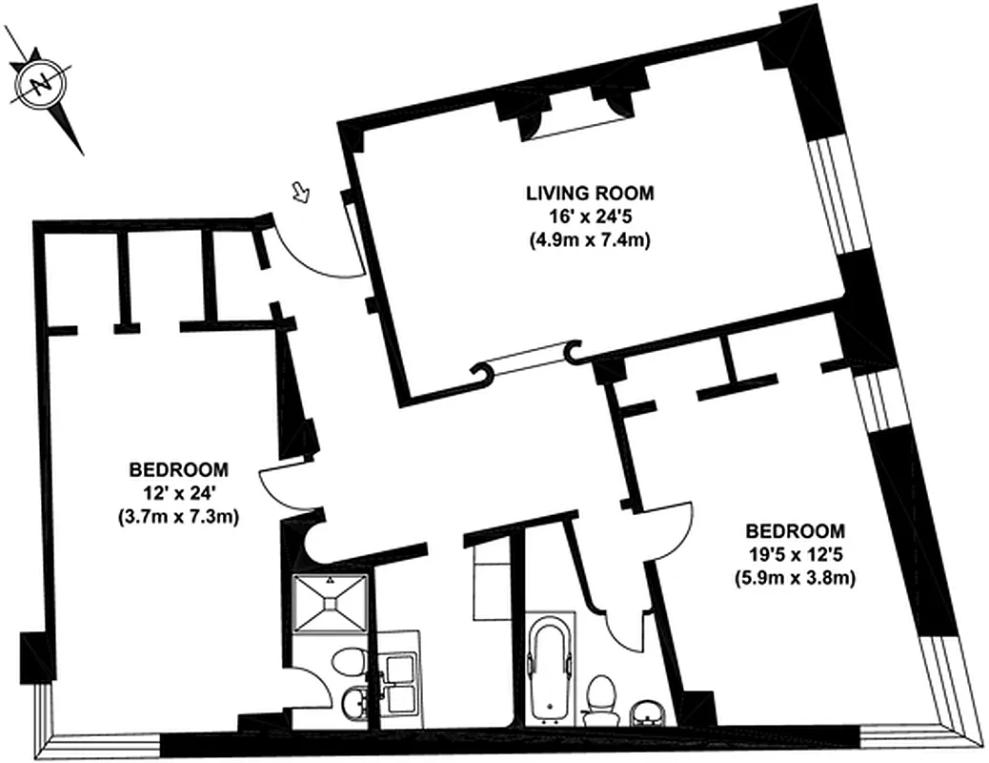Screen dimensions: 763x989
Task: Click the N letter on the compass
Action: (x=42, y=85)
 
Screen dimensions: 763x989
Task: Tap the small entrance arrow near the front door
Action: (x=301, y=193)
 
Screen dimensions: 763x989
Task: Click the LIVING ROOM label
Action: (x=591, y=193)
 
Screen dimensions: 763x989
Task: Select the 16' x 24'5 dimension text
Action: (x=591, y=217)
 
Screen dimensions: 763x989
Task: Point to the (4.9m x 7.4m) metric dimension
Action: (x=591, y=240)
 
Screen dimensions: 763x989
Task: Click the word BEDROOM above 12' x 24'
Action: (x=179, y=469)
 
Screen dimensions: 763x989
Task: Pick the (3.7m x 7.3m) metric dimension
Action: (x=179, y=518)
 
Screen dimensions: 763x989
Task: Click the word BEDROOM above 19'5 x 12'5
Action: (x=796, y=530)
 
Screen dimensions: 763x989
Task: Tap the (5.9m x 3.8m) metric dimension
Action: (x=796, y=578)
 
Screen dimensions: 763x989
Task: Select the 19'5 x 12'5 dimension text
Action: (x=796, y=554)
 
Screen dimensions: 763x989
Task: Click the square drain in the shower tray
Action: (x=330, y=604)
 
